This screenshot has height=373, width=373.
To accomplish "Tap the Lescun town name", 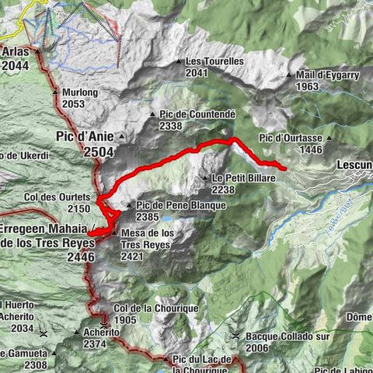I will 354,166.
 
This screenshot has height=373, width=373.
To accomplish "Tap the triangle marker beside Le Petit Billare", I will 206,178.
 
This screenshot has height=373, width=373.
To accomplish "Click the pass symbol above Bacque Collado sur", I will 235,336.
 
